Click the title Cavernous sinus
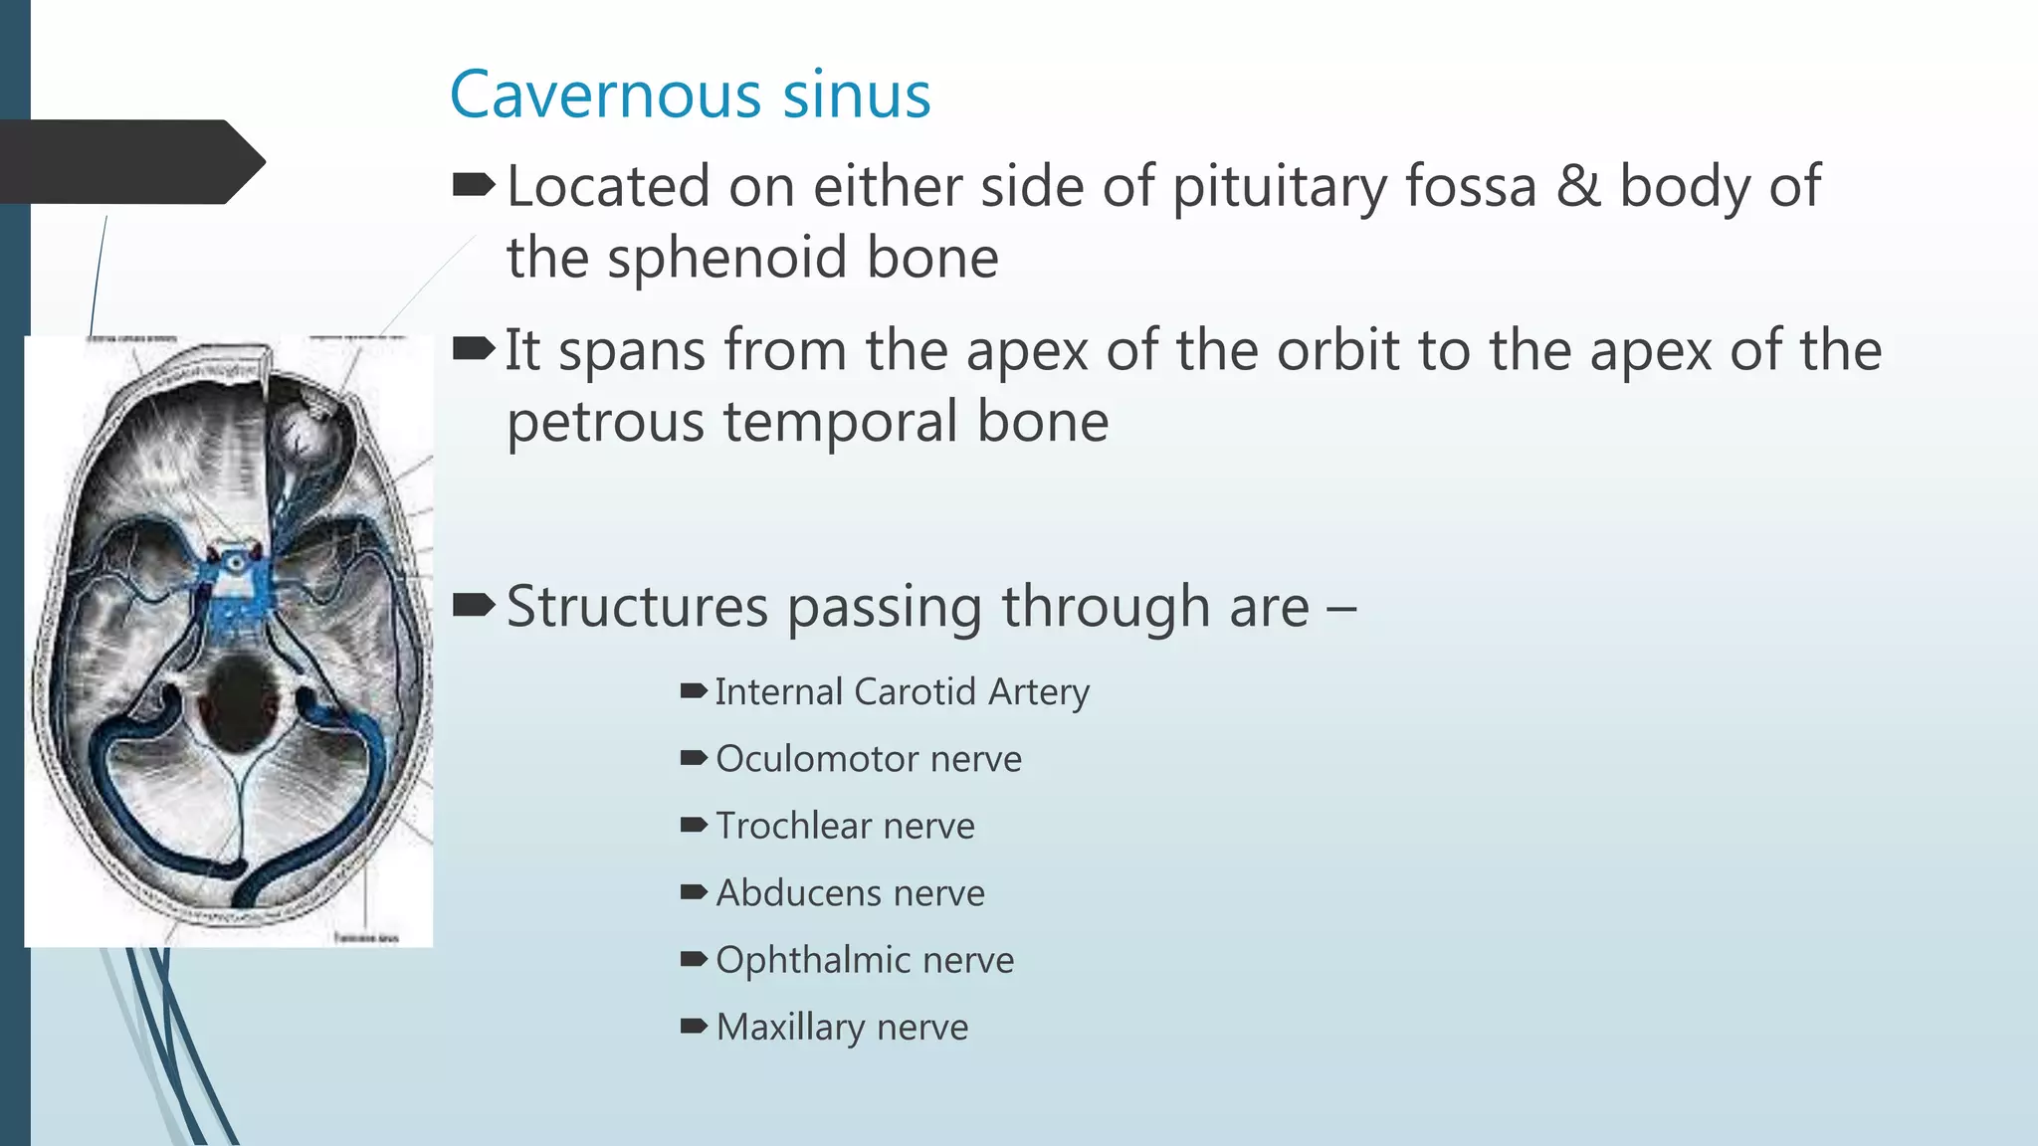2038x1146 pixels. pos(690,95)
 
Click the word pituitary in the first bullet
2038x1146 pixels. pos(1278,187)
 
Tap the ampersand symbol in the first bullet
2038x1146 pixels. pos(1577,187)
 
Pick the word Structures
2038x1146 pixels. pos(637,607)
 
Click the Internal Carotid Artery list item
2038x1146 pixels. pos(902,692)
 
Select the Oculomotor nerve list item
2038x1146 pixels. pos(868,759)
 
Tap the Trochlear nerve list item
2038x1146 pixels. pos(845,826)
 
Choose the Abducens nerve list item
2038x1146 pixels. pos(850,893)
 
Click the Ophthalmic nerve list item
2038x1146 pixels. pos(865,960)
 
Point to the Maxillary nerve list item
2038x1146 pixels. pos(842,1027)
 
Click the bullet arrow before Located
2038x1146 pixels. pos(473,184)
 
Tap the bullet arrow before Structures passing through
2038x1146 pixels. pos(473,604)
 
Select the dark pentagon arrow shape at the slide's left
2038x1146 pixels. pos(129,162)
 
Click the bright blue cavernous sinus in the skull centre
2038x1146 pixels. pos(235,587)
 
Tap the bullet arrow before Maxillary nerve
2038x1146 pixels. pos(694,1026)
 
